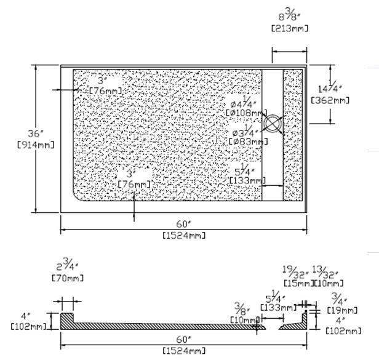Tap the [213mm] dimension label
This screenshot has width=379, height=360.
(x=289, y=28)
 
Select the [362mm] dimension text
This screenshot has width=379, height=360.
(x=330, y=100)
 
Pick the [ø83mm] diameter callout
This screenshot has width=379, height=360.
(x=249, y=141)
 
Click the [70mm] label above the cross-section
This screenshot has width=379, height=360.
(x=68, y=278)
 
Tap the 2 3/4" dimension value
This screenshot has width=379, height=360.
(x=66, y=266)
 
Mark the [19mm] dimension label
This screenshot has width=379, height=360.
(x=345, y=310)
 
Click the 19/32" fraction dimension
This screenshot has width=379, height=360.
(x=295, y=271)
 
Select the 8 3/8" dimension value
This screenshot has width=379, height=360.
(x=289, y=14)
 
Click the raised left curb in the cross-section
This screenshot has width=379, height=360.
(x=67, y=320)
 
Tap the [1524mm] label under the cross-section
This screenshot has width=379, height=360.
(x=183, y=351)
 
